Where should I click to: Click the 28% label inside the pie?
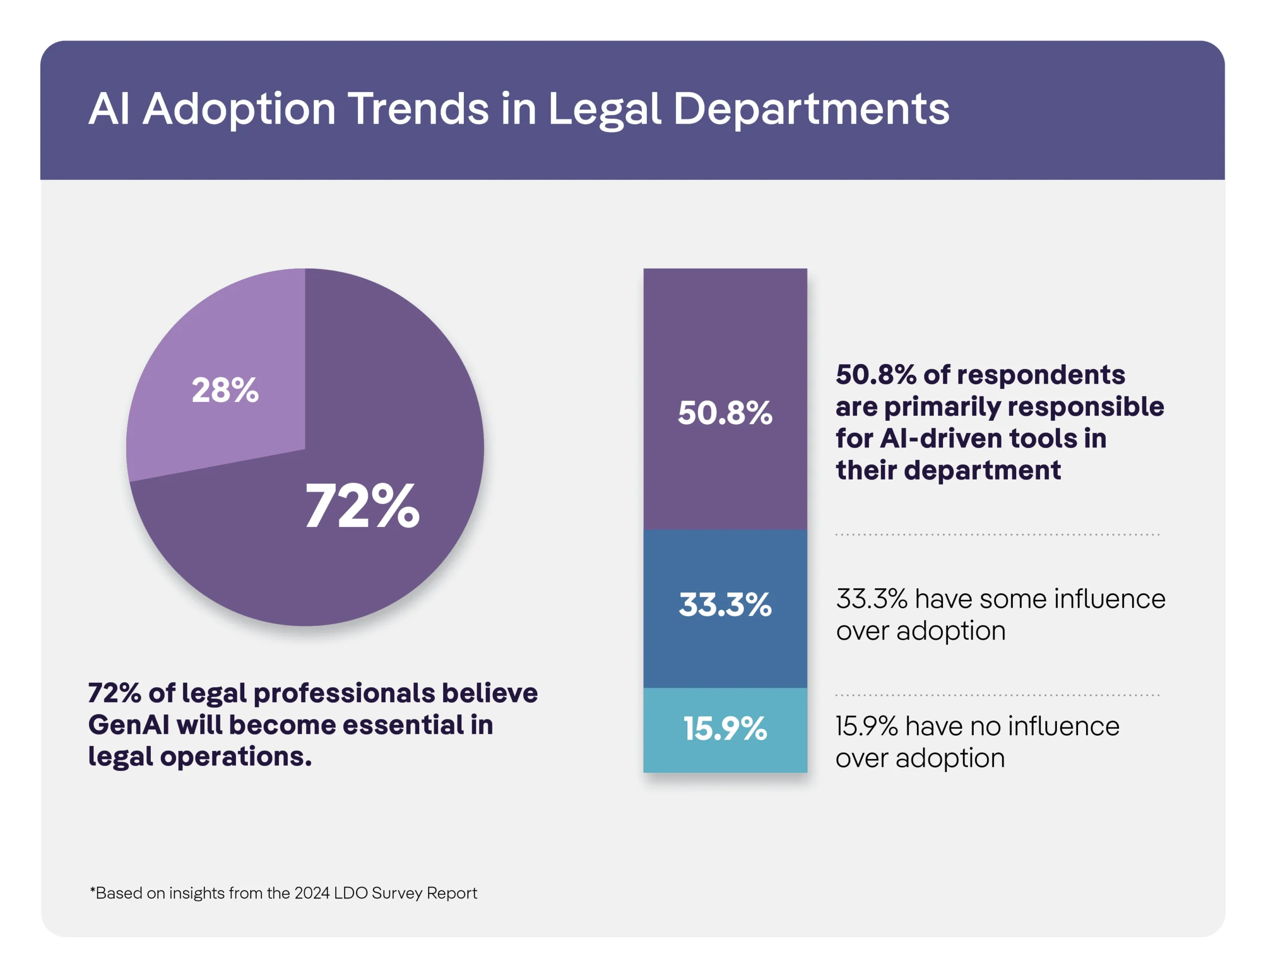225,390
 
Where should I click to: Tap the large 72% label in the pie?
362,507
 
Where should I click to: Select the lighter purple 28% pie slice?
232,348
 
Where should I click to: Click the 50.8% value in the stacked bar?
724,413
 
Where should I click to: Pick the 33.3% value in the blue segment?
724,605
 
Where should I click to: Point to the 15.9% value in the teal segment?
724,729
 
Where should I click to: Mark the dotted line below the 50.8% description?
997,534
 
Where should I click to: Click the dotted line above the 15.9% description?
997,695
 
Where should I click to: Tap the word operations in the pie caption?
235,756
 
